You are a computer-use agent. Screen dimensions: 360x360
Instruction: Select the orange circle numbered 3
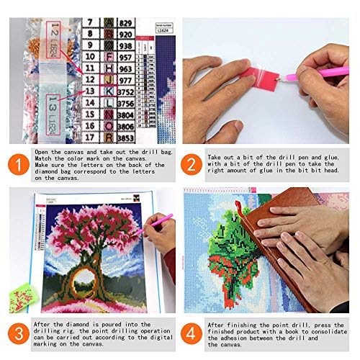coord(16,333)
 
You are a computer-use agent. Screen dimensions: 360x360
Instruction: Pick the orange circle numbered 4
coord(192,333)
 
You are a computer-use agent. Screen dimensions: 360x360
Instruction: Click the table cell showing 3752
coord(127,91)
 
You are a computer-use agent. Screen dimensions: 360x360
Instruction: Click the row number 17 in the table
coord(90,136)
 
